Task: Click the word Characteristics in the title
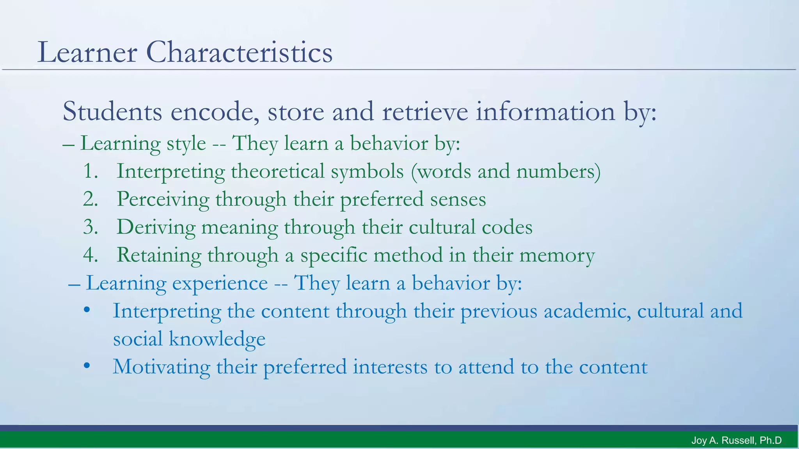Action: pos(239,52)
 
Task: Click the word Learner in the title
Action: pos(87,52)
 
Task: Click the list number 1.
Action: pos(90,171)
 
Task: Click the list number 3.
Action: pos(90,227)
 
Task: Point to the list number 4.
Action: pos(90,255)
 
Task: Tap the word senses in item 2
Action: pos(458,200)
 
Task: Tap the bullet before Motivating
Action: pos(87,366)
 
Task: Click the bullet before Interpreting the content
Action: pos(87,311)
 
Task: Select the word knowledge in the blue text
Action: pos(217,339)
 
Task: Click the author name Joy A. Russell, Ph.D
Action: pos(736,440)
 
